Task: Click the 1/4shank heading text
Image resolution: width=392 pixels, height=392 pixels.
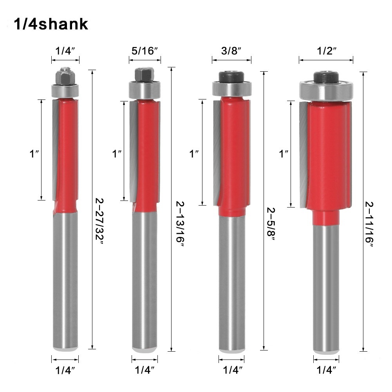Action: tap(51, 24)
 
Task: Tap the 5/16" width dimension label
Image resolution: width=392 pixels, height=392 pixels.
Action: tap(145, 51)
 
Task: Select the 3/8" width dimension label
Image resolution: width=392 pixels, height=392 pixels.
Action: tap(231, 51)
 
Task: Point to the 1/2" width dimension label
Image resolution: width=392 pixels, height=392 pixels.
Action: tap(327, 51)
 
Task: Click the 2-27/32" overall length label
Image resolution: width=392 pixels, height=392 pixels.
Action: tap(99, 222)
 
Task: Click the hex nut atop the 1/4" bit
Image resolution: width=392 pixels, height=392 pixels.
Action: tap(65, 76)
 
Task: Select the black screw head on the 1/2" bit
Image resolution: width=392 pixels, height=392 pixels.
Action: tap(326, 77)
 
